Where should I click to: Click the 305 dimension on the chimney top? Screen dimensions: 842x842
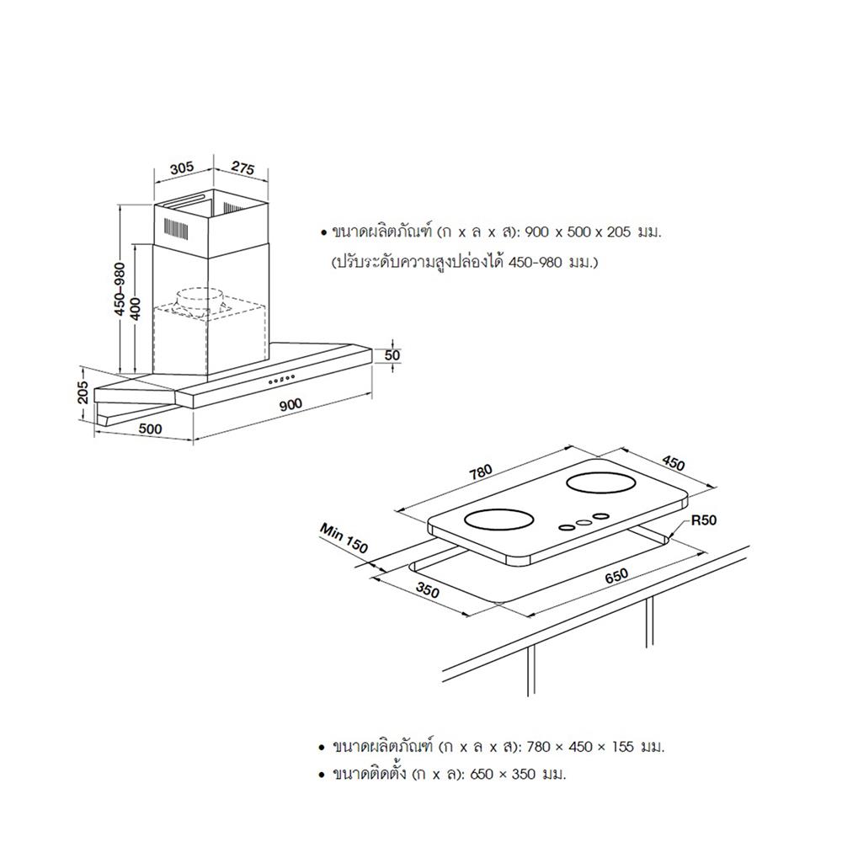[181, 168]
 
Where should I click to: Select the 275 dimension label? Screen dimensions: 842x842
[242, 168]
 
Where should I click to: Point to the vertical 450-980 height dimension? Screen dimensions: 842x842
[120, 289]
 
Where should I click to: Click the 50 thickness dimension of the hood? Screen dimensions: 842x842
[392, 355]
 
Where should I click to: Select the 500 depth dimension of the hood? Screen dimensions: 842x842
[149, 429]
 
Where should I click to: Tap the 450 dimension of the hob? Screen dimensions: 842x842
[673, 464]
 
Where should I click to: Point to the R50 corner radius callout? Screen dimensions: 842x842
[703, 520]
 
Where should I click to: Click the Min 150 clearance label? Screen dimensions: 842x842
[344, 537]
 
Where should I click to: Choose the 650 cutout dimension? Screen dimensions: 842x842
[617, 576]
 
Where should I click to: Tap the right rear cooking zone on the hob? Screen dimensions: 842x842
[605, 484]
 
